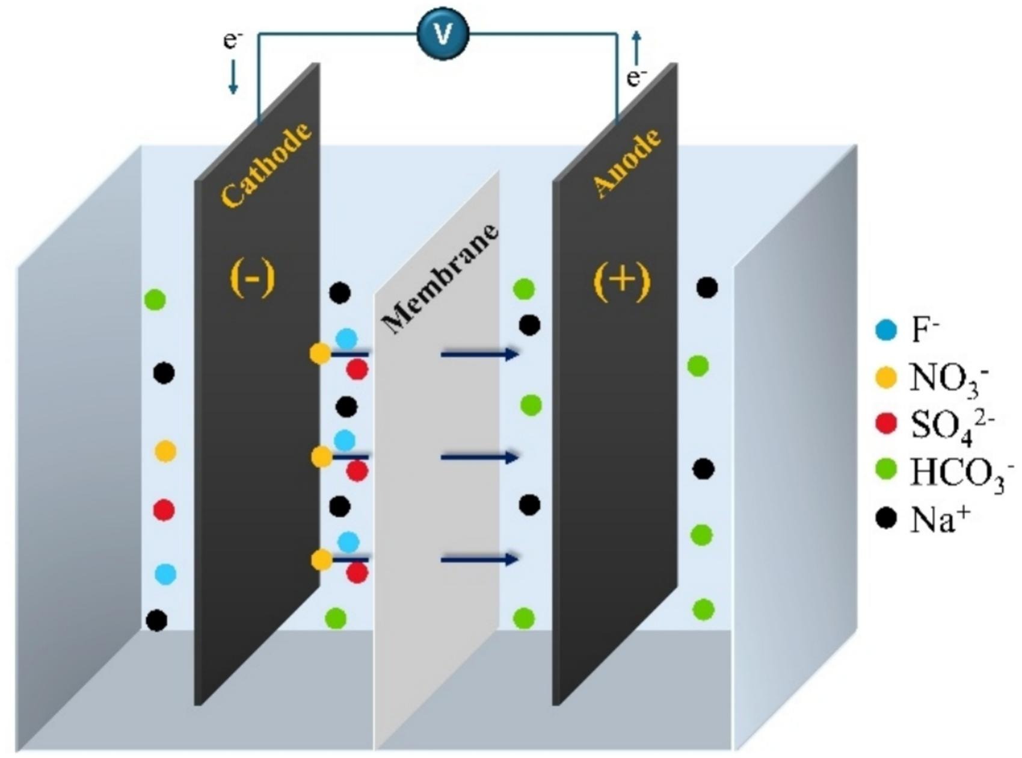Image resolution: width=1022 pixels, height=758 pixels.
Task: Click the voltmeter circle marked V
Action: (x=443, y=34)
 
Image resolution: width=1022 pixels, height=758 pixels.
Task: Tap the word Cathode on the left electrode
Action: (x=266, y=164)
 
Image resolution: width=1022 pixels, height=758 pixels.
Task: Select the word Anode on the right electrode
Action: (x=627, y=163)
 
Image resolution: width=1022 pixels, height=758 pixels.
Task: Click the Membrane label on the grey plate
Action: (x=440, y=280)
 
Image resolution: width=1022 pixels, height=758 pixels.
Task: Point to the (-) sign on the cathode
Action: (x=253, y=279)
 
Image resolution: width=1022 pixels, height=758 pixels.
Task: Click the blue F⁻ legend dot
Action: (x=885, y=330)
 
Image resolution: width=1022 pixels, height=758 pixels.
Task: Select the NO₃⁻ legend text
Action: (x=949, y=379)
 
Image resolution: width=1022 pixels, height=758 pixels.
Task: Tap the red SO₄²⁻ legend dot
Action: (x=885, y=424)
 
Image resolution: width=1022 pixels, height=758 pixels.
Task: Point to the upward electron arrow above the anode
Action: (x=636, y=47)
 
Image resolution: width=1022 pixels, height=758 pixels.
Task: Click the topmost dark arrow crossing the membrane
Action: (x=479, y=354)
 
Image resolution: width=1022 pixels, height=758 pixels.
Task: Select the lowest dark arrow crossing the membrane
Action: (x=479, y=560)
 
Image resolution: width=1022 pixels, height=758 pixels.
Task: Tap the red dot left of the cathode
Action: (x=164, y=510)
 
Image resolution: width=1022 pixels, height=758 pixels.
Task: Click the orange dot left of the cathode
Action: (x=165, y=451)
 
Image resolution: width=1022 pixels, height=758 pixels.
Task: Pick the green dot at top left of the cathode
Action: (x=155, y=299)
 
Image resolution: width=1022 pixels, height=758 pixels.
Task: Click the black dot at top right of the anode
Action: (x=707, y=288)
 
